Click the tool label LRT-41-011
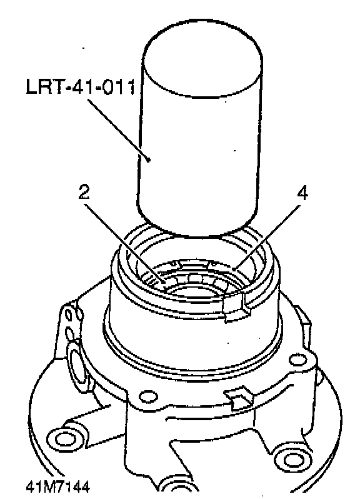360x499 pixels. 81,86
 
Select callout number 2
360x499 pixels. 84,191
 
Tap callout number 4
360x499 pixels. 303,193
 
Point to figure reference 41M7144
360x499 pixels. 58,486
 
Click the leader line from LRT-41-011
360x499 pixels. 118,129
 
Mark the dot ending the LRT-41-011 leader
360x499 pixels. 148,159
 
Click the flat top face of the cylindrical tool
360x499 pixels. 202,58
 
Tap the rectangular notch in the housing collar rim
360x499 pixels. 236,306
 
